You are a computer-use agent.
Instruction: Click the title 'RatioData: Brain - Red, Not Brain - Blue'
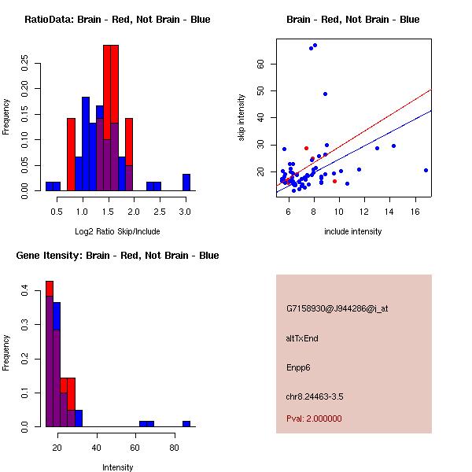click(x=117, y=20)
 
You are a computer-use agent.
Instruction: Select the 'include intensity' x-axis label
click(x=352, y=231)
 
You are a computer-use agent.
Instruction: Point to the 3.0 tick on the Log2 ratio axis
click(x=186, y=212)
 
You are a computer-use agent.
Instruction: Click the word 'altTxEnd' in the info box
click(x=302, y=338)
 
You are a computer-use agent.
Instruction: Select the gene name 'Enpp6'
click(x=300, y=367)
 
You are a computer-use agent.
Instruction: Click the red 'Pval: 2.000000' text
click(x=314, y=419)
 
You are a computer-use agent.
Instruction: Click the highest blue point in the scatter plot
click(x=315, y=46)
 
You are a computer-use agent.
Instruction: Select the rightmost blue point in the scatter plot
click(x=426, y=170)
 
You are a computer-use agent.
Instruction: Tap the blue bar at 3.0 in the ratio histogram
click(x=186, y=183)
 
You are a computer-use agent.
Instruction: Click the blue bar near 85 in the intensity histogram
click(x=186, y=423)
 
